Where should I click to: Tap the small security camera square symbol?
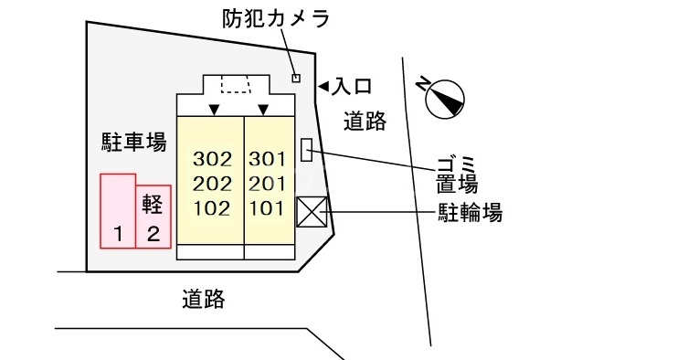(x=295, y=78)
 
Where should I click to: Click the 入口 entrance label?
(x=351, y=87)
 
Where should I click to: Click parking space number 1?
(x=118, y=234)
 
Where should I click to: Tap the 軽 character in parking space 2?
(x=153, y=203)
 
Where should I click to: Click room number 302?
(x=212, y=159)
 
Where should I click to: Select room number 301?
(x=267, y=159)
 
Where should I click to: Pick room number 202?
(x=212, y=183)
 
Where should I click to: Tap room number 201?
(x=267, y=183)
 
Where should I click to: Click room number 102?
(x=212, y=207)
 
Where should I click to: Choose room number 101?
(x=267, y=207)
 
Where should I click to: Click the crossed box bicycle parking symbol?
(x=311, y=213)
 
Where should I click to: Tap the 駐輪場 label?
(x=468, y=214)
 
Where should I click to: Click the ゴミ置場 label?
(x=457, y=176)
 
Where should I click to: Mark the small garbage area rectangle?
(x=306, y=149)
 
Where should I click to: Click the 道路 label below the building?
(x=203, y=298)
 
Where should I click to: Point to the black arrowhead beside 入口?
(x=323, y=87)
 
